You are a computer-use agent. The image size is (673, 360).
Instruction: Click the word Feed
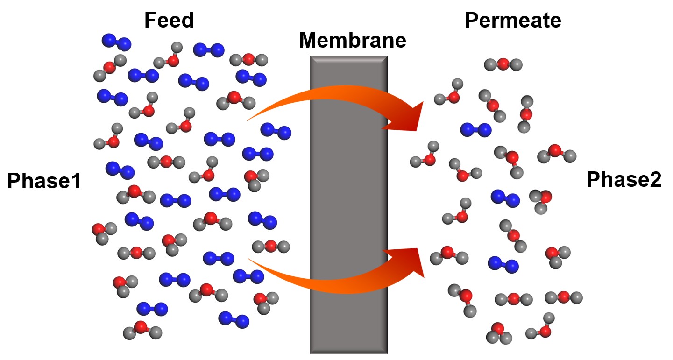pyautogui.click(x=169, y=21)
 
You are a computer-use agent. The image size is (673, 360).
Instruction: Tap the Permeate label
pyautogui.click(x=513, y=21)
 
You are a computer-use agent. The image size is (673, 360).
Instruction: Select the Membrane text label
pyautogui.click(x=353, y=41)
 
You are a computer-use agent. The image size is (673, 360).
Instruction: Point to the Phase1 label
pyautogui.click(x=44, y=181)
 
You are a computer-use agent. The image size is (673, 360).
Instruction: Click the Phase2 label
pyautogui.click(x=623, y=180)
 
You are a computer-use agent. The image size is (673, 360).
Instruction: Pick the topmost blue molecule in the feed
pyautogui.click(x=116, y=42)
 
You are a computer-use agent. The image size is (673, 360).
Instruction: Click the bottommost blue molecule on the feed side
pyautogui.click(x=234, y=319)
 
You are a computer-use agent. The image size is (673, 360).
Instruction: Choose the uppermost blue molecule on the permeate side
pyautogui.click(x=476, y=130)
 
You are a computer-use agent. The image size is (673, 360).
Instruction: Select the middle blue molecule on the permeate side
pyautogui.click(x=505, y=198)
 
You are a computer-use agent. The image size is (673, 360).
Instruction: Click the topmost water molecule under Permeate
pyautogui.click(x=503, y=64)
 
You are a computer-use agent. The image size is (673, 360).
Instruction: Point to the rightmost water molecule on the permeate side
pyautogui.click(x=564, y=297)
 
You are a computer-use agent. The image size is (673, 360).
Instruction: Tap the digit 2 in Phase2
pyautogui.click(x=655, y=180)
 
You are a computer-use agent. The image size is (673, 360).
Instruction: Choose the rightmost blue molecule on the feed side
pyautogui.click(x=276, y=131)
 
